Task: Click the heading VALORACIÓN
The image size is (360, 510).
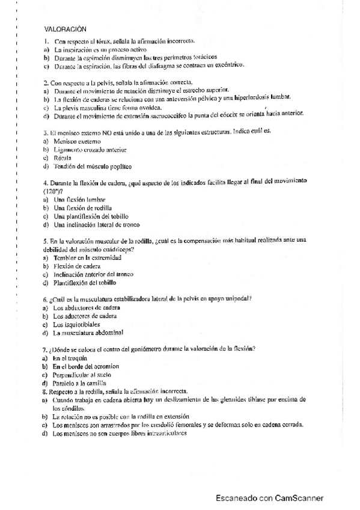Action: pyautogui.click(x=66, y=28)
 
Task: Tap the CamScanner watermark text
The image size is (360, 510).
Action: pyautogui.click(x=270, y=498)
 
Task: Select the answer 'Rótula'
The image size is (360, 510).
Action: pyautogui.click(x=63, y=158)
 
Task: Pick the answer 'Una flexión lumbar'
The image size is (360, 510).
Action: pyautogui.click(x=80, y=199)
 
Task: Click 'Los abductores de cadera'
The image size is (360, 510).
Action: pyautogui.click(x=86, y=308)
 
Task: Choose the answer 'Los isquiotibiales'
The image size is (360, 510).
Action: pyautogui.click(x=76, y=324)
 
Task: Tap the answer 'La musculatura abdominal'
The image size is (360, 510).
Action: pyautogui.click(x=88, y=333)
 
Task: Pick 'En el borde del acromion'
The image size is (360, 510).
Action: pyautogui.click(x=86, y=366)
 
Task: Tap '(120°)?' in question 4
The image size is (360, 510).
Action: pyautogui.click(x=54, y=190)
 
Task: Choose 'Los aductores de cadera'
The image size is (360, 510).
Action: pyautogui.click(x=85, y=316)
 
